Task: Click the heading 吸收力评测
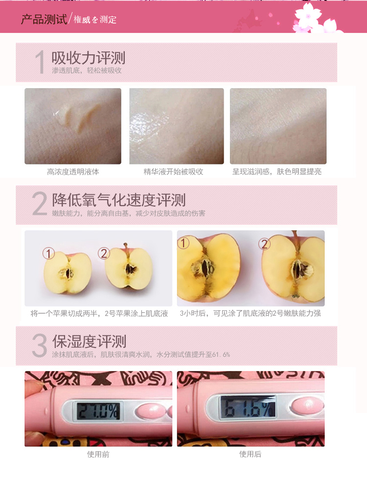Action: coord(89,58)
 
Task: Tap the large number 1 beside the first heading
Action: coord(40,62)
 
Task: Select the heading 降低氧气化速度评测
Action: coord(119,200)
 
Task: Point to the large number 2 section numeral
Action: coord(40,203)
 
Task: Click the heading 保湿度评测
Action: coord(89,342)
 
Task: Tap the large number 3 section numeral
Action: coord(39,345)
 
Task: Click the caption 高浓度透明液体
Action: coord(73,172)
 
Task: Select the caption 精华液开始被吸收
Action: coord(173,172)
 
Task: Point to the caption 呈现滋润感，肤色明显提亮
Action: coord(277,172)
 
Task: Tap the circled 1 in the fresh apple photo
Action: coord(48,254)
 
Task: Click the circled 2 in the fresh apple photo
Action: coord(104,254)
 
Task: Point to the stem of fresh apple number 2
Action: coord(126,246)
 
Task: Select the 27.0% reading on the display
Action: coord(98,411)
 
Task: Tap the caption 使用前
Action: coord(98,454)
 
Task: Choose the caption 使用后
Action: coord(250,454)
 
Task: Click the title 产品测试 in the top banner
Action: coord(44,20)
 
